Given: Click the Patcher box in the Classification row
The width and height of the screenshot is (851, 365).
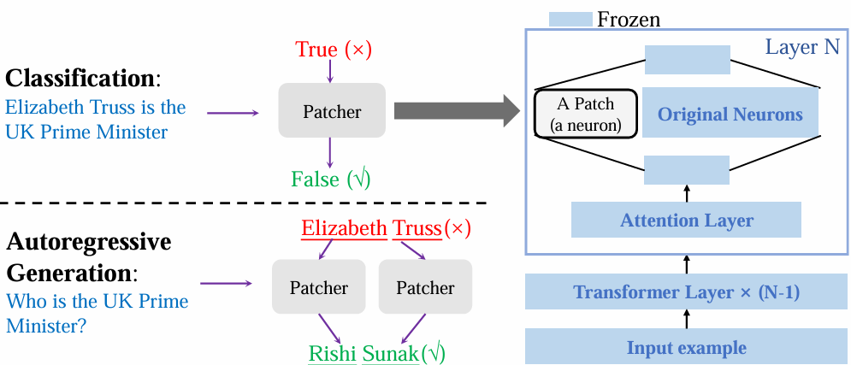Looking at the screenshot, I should point(332,110).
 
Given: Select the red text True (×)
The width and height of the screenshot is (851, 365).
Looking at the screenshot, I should point(333,50).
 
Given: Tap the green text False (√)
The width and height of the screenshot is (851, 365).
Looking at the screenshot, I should point(330,179).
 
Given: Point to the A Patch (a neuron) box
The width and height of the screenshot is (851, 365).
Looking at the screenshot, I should point(585,114).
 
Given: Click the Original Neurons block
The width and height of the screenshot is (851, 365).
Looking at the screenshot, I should point(729,115).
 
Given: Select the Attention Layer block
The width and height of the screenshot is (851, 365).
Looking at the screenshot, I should point(686,220).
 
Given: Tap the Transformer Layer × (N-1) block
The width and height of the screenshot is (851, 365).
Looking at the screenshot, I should point(686,292).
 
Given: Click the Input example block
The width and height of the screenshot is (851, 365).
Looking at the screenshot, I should point(686,347).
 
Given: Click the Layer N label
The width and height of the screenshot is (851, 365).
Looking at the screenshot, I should point(801,47).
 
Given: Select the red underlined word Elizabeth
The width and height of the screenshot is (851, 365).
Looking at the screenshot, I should point(344,228).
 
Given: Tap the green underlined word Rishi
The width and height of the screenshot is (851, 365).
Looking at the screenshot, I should point(333,352).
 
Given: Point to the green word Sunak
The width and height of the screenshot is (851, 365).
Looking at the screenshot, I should point(391,352).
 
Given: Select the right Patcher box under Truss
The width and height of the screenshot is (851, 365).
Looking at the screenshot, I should point(425,287).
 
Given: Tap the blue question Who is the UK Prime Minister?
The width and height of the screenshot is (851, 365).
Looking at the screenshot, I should point(97,313).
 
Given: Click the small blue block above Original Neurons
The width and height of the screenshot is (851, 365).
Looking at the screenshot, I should point(687,60).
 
